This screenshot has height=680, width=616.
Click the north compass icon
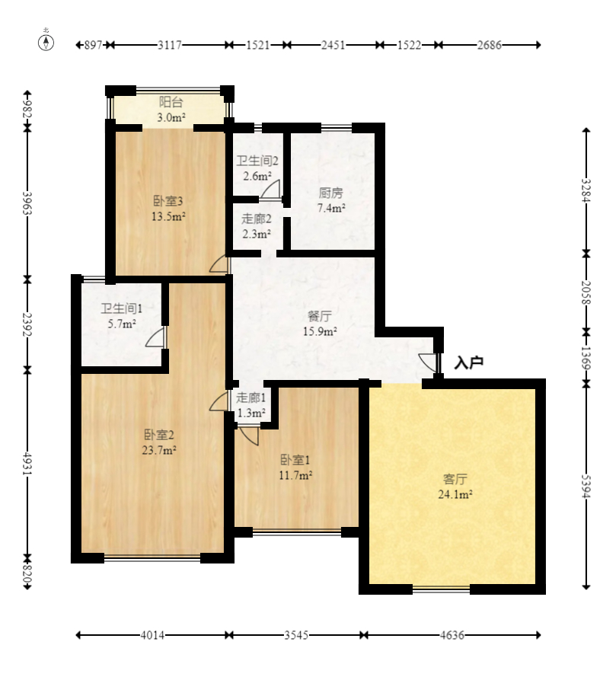[x=46, y=42]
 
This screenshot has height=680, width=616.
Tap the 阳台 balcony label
[x=171, y=102]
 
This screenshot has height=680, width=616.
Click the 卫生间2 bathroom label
[x=257, y=161]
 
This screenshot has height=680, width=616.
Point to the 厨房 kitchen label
[x=331, y=192]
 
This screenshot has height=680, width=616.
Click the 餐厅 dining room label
[x=319, y=316]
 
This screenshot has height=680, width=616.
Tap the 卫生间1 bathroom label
[x=122, y=308]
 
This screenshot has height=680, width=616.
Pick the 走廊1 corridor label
[x=251, y=397]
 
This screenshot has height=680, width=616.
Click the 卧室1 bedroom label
[x=295, y=460]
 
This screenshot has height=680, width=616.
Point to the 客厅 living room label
[x=455, y=479]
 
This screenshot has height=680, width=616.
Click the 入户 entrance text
[x=469, y=363]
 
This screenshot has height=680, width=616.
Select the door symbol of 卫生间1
[x=155, y=337]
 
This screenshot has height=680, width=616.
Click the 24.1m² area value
[x=455, y=494]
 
